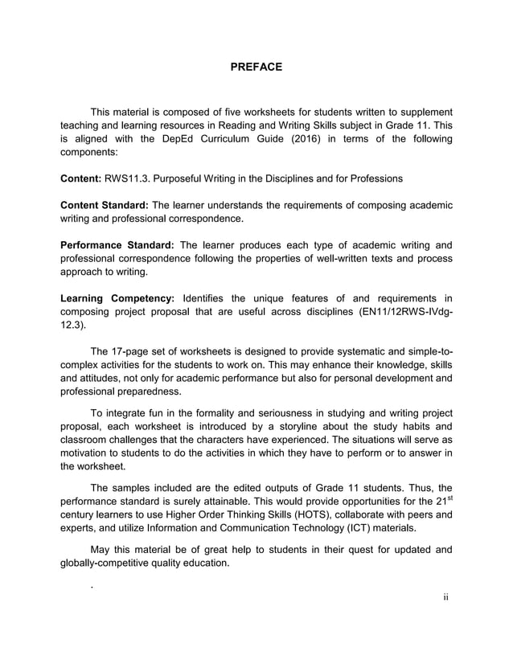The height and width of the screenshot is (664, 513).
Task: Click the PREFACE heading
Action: pos(256,67)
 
